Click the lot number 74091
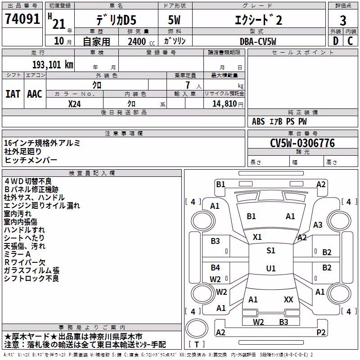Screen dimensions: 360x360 tap(22, 18)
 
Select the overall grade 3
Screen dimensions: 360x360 tap(343, 20)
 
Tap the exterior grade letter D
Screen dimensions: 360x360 tap(335, 41)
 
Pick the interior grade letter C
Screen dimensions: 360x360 tap(350, 41)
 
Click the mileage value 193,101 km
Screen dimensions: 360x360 tap(53, 65)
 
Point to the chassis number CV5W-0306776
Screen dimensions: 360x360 tap(302, 143)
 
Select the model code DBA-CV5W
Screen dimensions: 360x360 tap(258, 41)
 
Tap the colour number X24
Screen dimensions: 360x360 tap(74, 104)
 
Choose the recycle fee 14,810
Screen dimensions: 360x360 tap(225, 103)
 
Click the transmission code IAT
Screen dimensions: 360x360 tap(13, 94)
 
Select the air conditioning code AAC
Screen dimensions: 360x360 tap(35, 94)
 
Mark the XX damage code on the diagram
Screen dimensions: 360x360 tap(288, 299)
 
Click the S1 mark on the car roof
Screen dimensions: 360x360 tap(271, 251)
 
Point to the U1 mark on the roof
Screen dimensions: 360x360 tap(271, 268)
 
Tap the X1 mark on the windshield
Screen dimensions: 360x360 tap(257, 237)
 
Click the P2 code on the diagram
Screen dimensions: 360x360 tap(321, 332)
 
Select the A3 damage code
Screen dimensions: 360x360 tap(318, 225)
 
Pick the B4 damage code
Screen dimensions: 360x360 tap(215, 267)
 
